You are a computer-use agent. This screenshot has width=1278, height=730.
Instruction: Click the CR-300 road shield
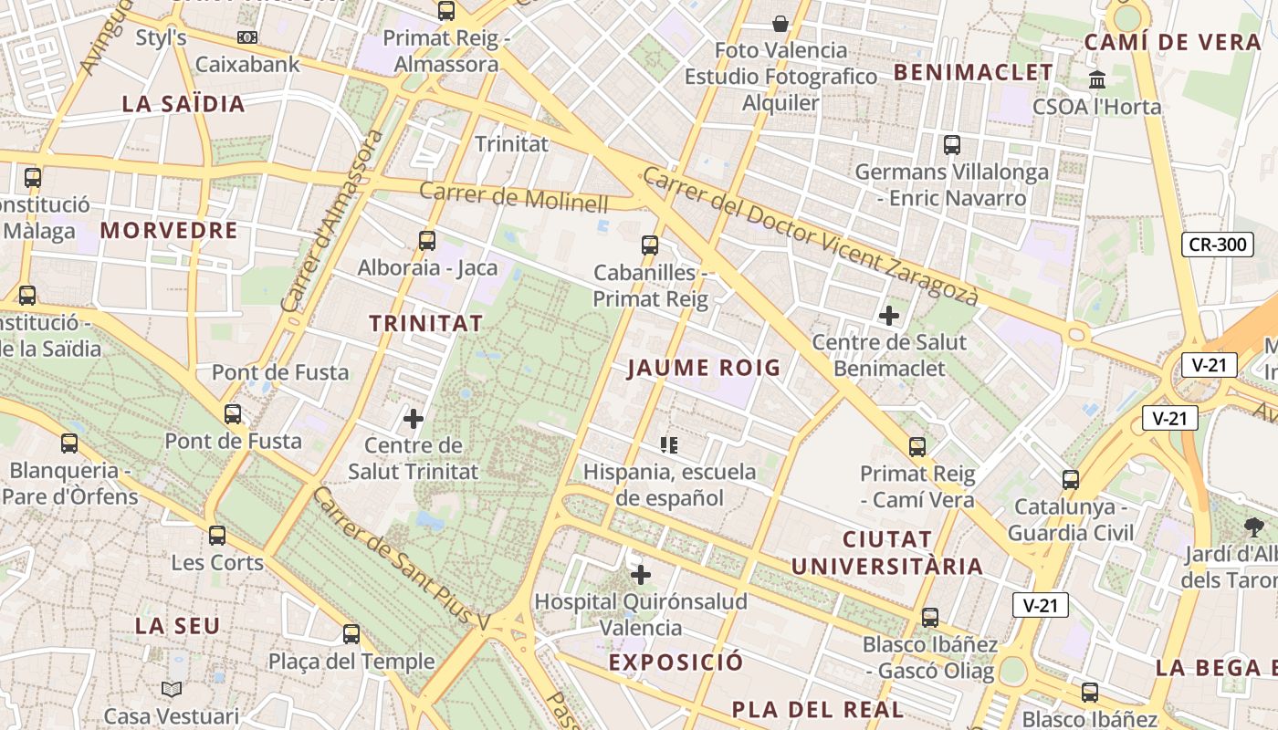(1218, 245)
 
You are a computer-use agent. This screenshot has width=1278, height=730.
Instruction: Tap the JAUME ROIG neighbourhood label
(704, 368)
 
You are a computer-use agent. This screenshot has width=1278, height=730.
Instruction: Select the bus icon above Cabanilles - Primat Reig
(650, 245)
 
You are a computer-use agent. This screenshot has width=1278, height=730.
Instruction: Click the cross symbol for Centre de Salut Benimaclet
(888, 316)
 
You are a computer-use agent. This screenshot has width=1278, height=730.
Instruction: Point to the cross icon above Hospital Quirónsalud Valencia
(641, 574)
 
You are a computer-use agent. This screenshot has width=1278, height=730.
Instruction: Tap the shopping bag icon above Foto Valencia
(780, 23)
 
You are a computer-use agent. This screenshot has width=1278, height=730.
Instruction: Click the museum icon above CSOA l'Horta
(1097, 78)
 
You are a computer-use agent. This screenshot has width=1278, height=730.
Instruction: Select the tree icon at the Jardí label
(1253, 527)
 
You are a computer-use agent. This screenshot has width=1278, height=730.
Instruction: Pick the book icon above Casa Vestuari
(172, 689)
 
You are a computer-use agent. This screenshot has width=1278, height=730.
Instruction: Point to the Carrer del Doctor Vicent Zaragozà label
(810, 236)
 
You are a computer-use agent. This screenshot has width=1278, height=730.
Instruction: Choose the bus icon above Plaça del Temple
(351, 633)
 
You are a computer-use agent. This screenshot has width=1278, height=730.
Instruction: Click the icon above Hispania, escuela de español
(669, 444)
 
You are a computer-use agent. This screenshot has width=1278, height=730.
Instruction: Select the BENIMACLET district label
(973, 73)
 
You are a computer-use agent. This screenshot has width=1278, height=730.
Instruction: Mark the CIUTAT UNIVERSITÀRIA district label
(886, 552)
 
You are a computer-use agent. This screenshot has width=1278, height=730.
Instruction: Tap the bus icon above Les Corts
(217, 535)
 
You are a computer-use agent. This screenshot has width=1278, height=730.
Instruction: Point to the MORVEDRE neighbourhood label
(169, 230)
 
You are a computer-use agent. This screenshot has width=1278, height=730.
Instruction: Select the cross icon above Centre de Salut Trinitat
(414, 419)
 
